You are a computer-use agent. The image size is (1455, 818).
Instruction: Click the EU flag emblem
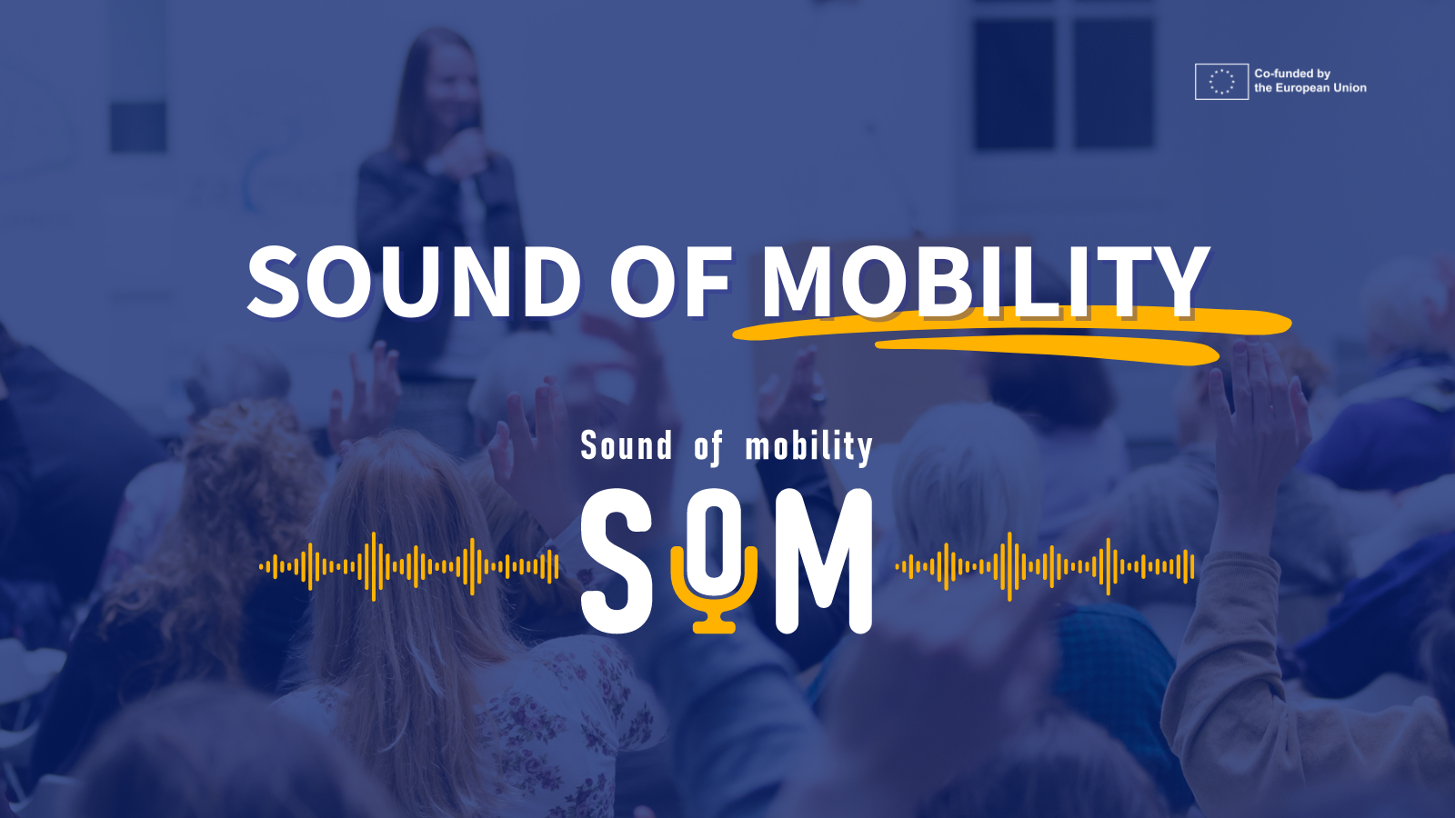click(x=1221, y=82)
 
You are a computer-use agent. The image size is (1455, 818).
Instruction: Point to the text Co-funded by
click(x=1291, y=74)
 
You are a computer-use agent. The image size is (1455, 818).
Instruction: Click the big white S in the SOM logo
click(x=617, y=562)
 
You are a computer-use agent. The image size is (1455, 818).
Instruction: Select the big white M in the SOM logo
click(x=824, y=562)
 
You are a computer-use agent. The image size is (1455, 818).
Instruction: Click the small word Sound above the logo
click(x=627, y=446)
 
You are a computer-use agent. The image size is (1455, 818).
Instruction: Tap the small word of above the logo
click(x=708, y=447)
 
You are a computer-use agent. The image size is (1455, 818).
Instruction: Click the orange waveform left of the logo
click(x=409, y=566)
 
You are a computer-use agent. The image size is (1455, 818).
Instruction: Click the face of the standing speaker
click(x=450, y=91)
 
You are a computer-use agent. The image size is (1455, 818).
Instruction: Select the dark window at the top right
click(x=1064, y=82)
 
